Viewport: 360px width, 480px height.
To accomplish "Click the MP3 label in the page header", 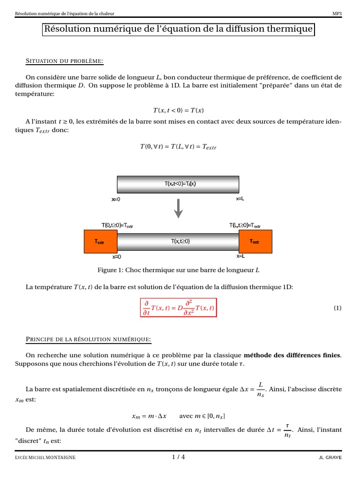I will coord(337,14).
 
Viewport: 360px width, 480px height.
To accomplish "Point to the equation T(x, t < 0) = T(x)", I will coord(178,110).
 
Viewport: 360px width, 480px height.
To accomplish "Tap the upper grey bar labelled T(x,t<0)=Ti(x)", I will coord(178,184).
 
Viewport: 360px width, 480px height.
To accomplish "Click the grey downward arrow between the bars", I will coord(178,209).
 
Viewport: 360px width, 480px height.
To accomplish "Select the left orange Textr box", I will coord(100,242).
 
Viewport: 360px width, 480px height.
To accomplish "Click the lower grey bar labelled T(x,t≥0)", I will coord(178,241).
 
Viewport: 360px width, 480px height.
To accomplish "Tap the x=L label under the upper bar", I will coord(240,199).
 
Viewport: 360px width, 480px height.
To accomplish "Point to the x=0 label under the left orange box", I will coord(116,257).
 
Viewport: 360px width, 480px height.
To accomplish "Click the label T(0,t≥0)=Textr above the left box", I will coord(117,225).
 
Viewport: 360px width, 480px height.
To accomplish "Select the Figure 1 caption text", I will coord(178,270).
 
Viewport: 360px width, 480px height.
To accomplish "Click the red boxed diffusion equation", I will coord(179,308).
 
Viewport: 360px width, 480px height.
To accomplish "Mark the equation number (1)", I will coord(337,308).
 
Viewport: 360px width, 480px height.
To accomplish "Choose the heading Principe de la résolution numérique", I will coord(88,338).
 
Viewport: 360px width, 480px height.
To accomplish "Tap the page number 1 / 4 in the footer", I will coord(178,457).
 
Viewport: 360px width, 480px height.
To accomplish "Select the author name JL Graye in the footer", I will coord(330,457).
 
